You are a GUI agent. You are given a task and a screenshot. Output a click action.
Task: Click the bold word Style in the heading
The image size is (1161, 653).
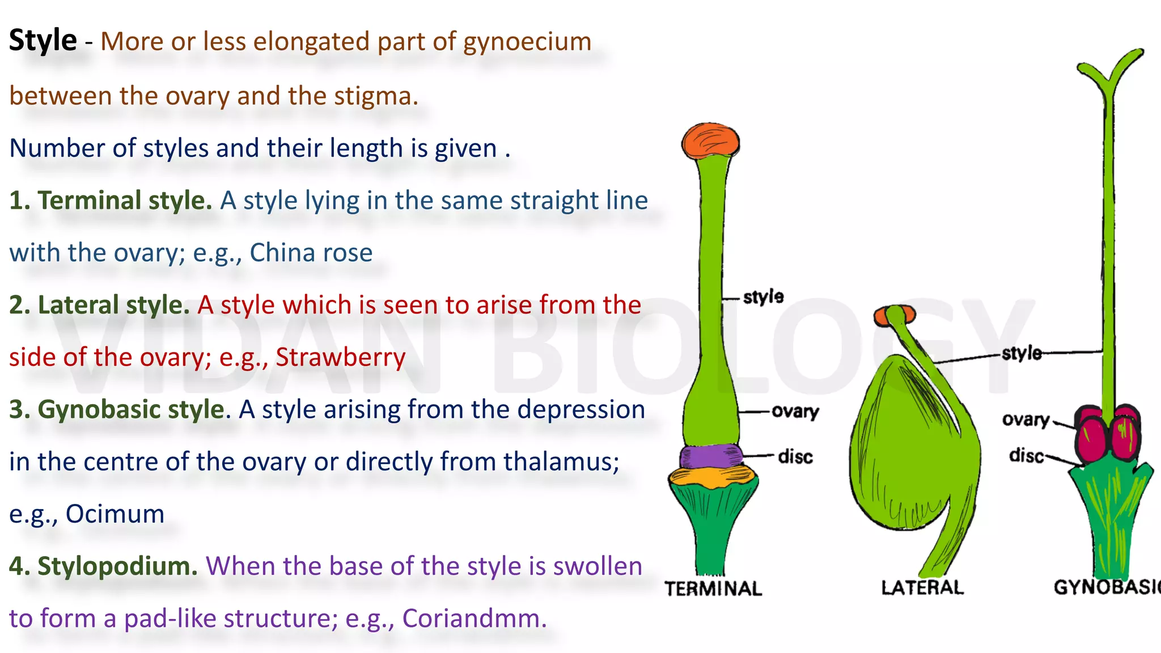coord(43,41)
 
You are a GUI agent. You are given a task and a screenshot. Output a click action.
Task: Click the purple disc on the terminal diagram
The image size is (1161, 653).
coord(711,456)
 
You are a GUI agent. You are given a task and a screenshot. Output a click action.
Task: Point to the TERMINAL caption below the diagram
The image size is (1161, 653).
coord(713,589)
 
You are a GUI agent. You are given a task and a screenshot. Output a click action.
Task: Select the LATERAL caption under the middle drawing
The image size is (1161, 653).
coord(922,588)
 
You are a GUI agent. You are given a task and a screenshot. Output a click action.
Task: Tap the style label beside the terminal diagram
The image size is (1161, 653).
coord(763,296)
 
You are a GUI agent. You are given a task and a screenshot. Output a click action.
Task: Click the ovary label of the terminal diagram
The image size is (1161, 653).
coord(795,411)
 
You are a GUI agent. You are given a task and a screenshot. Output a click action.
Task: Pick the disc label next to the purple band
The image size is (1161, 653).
coord(795,456)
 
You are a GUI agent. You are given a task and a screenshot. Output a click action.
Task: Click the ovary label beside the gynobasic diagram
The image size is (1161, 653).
coord(1026,419)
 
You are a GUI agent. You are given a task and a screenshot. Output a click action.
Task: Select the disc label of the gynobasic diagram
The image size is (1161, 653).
coord(1026,455)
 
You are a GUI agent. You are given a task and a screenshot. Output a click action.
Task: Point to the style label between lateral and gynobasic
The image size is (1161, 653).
coord(1022,353)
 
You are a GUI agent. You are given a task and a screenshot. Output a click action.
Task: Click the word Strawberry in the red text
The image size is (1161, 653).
coord(341,357)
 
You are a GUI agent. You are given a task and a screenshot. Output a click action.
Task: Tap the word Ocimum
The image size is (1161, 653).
coord(115,514)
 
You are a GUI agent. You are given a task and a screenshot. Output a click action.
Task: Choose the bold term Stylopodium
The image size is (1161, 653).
coord(117,566)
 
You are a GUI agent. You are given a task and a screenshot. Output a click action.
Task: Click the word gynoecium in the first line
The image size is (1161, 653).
coord(527,42)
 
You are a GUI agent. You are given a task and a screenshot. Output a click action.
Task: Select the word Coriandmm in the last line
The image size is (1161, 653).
coord(474,618)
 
